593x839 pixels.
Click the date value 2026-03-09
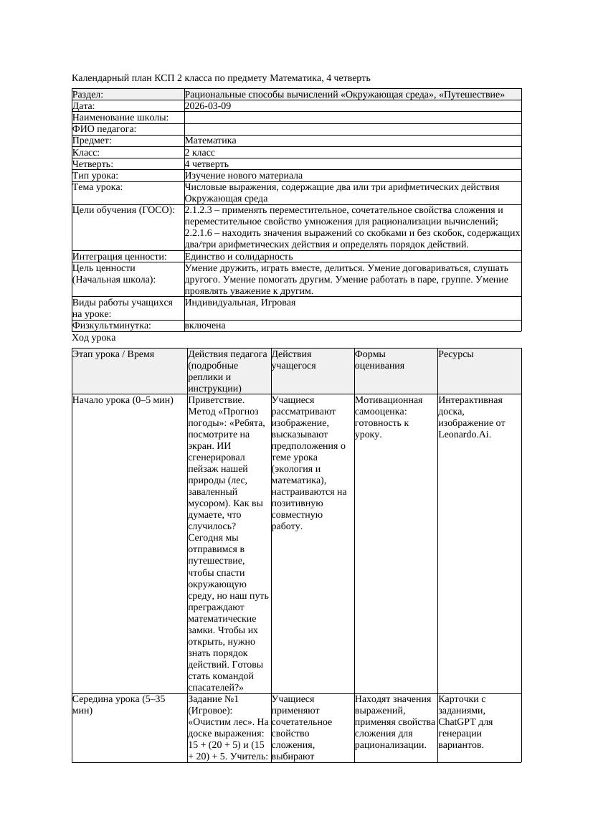pyautogui.click(x=208, y=106)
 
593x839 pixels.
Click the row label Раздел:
pyautogui.click(x=88, y=95)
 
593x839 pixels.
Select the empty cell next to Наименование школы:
pyautogui.click(x=352, y=118)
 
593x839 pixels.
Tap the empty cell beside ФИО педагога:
pyautogui.click(x=352, y=129)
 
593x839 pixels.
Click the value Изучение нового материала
pyautogui.click(x=243, y=176)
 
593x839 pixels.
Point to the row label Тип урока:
pyautogui.click(x=95, y=176)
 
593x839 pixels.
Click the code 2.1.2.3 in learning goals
pyautogui.click(x=199, y=211)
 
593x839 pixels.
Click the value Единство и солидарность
pyautogui.click(x=238, y=257)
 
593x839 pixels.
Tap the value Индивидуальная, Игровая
pyautogui.click(x=240, y=303)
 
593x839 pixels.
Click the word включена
pyautogui.click(x=205, y=326)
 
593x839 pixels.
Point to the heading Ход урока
pyautogui.click(x=94, y=338)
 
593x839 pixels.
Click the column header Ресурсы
pyautogui.click(x=456, y=354)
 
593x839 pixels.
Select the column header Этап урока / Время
pyautogui.click(x=113, y=354)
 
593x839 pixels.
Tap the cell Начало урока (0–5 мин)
pyautogui.click(x=123, y=400)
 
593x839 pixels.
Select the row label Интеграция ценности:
pyautogui.click(x=120, y=257)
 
